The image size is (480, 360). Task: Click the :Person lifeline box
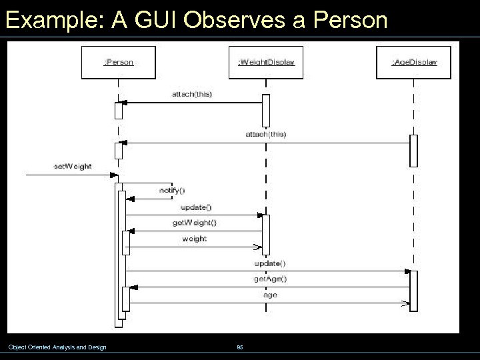pyautogui.click(x=119, y=62)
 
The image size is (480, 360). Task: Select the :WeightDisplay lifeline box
pyautogui.click(x=266, y=62)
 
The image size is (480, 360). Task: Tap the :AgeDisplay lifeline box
pyautogui.click(x=413, y=62)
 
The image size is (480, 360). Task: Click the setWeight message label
pyautogui.click(x=73, y=166)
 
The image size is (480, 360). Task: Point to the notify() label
pyautogui.click(x=172, y=190)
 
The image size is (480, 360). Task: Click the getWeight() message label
pyautogui.click(x=194, y=223)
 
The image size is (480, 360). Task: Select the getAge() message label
pyautogui.click(x=270, y=279)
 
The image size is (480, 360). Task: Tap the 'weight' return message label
pyautogui.click(x=194, y=239)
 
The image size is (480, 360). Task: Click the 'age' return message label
pyautogui.click(x=270, y=294)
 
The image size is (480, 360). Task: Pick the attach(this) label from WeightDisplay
pyautogui.click(x=192, y=94)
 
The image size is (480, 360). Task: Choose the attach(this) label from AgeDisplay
pyautogui.click(x=265, y=134)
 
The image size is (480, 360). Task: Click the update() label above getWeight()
pyautogui.click(x=196, y=207)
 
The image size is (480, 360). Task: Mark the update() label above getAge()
pyautogui.click(x=270, y=263)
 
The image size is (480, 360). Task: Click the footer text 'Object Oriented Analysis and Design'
pyautogui.click(x=57, y=347)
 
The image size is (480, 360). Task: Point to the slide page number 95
pyautogui.click(x=240, y=347)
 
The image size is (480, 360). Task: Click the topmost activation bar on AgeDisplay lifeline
pyautogui.click(x=413, y=151)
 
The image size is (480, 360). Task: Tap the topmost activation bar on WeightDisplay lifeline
pyautogui.click(x=266, y=110)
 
